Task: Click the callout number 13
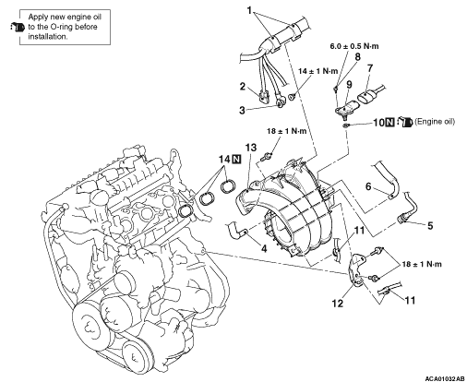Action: (x=251, y=148)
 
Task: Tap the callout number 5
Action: (x=430, y=226)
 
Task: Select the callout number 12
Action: (x=337, y=304)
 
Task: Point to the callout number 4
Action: (x=264, y=248)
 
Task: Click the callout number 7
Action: (x=370, y=67)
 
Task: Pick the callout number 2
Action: (x=243, y=87)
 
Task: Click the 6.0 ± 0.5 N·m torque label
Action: (x=354, y=46)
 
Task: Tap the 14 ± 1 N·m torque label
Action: (x=318, y=71)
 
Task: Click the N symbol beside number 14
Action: (x=236, y=160)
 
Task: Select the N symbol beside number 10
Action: (x=389, y=122)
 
